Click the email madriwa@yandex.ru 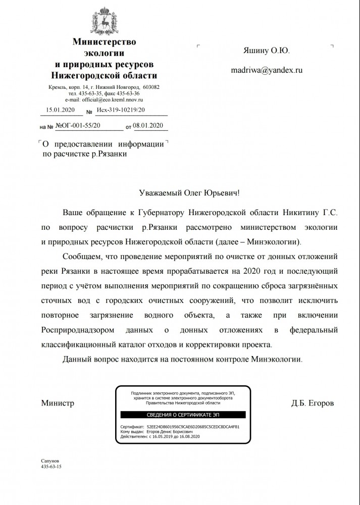(x=266, y=71)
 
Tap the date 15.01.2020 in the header (x=60, y=109)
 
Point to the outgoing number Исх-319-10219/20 (x=121, y=109)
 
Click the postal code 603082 (x=151, y=87)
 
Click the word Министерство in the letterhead (x=105, y=42)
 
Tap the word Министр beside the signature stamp (x=57, y=403)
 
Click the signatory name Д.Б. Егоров (x=312, y=403)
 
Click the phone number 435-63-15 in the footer (x=51, y=468)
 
